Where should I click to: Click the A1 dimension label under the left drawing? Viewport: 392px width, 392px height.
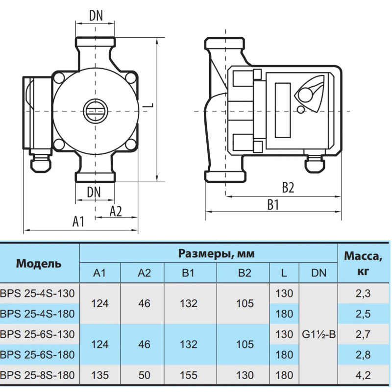79,221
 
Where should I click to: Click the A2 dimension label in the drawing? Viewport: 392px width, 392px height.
116,211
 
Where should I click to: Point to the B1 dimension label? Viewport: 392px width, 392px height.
273,205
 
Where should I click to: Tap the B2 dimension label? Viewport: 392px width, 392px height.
288,188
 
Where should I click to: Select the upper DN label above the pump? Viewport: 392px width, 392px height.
96,15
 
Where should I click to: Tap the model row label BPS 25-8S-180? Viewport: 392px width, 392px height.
38,375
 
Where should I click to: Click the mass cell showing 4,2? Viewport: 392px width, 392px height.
364,375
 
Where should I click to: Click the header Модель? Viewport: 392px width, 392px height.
39,264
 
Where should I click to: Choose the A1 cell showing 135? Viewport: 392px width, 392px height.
100,375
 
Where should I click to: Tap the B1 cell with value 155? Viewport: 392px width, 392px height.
189,375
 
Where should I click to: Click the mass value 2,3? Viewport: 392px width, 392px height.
364,294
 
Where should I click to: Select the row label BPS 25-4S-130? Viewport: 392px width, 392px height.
38,294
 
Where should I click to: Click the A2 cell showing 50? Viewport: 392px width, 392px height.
144,375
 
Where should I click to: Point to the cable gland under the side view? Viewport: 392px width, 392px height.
312,165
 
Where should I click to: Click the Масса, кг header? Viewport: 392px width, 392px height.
364,263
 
